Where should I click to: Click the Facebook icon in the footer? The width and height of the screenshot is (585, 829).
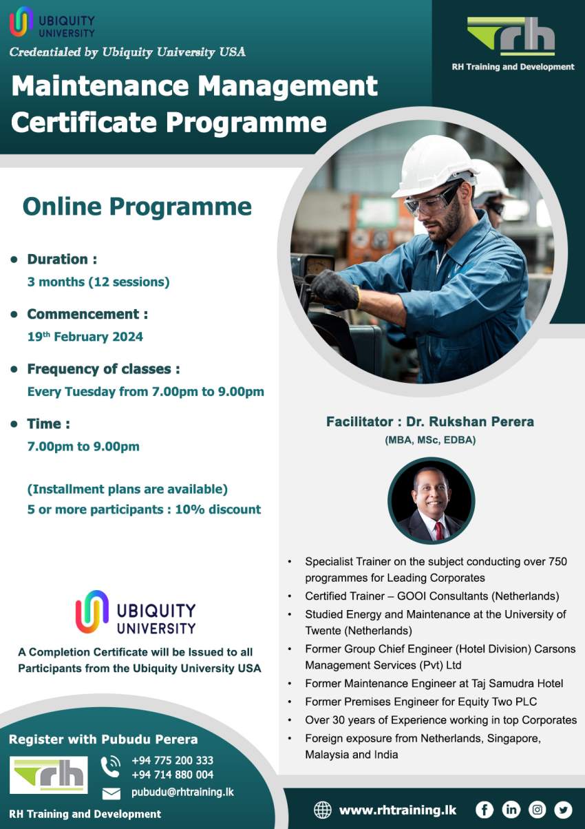(x=485, y=810)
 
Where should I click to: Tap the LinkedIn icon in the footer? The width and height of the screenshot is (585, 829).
(x=511, y=810)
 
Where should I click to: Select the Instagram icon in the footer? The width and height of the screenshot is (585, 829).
(x=537, y=810)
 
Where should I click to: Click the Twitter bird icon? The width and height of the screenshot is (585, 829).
(x=563, y=810)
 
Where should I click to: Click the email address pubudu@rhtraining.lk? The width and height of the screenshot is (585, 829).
(x=182, y=792)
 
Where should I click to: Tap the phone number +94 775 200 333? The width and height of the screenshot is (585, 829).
(x=172, y=761)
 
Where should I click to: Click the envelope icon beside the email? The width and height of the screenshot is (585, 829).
(x=111, y=793)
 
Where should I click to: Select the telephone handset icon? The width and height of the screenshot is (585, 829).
(x=110, y=766)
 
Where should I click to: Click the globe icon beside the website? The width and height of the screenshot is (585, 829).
(x=322, y=810)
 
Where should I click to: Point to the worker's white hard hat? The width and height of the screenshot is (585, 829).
(x=433, y=165)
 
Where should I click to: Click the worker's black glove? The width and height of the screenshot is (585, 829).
(x=334, y=289)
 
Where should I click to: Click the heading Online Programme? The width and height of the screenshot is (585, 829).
(x=137, y=207)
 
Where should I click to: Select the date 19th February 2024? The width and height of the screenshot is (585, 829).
(x=85, y=337)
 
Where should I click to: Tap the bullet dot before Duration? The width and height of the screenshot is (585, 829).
(x=14, y=260)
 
